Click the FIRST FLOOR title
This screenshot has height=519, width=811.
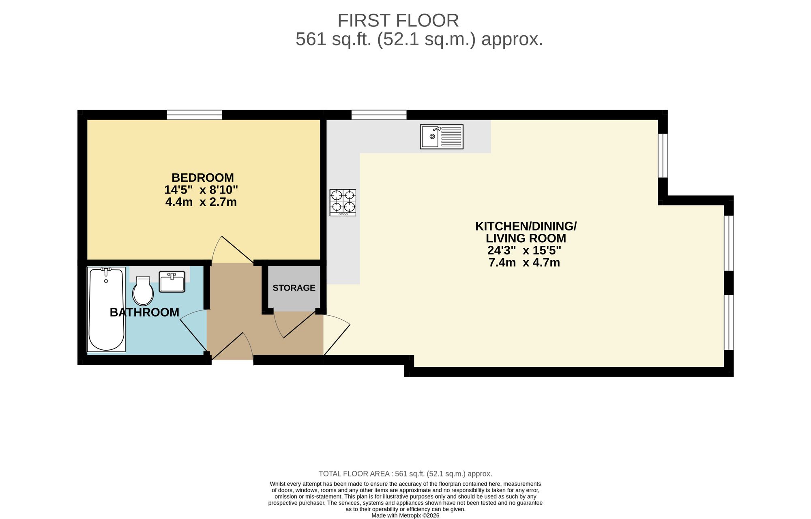click(x=398, y=20)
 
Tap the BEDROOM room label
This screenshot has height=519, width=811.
click(x=202, y=178)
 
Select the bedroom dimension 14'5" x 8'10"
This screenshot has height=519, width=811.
click(x=201, y=190)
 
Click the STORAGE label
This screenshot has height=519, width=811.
click(x=294, y=288)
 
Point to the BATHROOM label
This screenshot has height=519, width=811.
click(x=144, y=312)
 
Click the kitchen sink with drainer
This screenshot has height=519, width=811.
click(x=441, y=137)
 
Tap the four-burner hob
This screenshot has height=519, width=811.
click(x=343, y=202)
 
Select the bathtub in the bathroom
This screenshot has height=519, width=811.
click(x=106, y=309)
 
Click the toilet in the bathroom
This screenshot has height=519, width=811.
click(x=143, y=291)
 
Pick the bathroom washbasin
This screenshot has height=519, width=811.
click(x=172, y=282)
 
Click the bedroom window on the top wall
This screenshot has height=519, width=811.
click(x=194, y=115)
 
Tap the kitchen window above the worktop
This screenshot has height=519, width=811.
click(x=379, y=115)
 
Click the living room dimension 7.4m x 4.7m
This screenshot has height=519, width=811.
click(x=524, y=263)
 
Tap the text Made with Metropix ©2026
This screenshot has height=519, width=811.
click(x=405, y=516)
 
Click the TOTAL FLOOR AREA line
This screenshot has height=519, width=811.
click(x=405, y=474)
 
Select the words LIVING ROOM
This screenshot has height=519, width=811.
click(x=526, y=238)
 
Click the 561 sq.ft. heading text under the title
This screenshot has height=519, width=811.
click(x=419, y=39)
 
